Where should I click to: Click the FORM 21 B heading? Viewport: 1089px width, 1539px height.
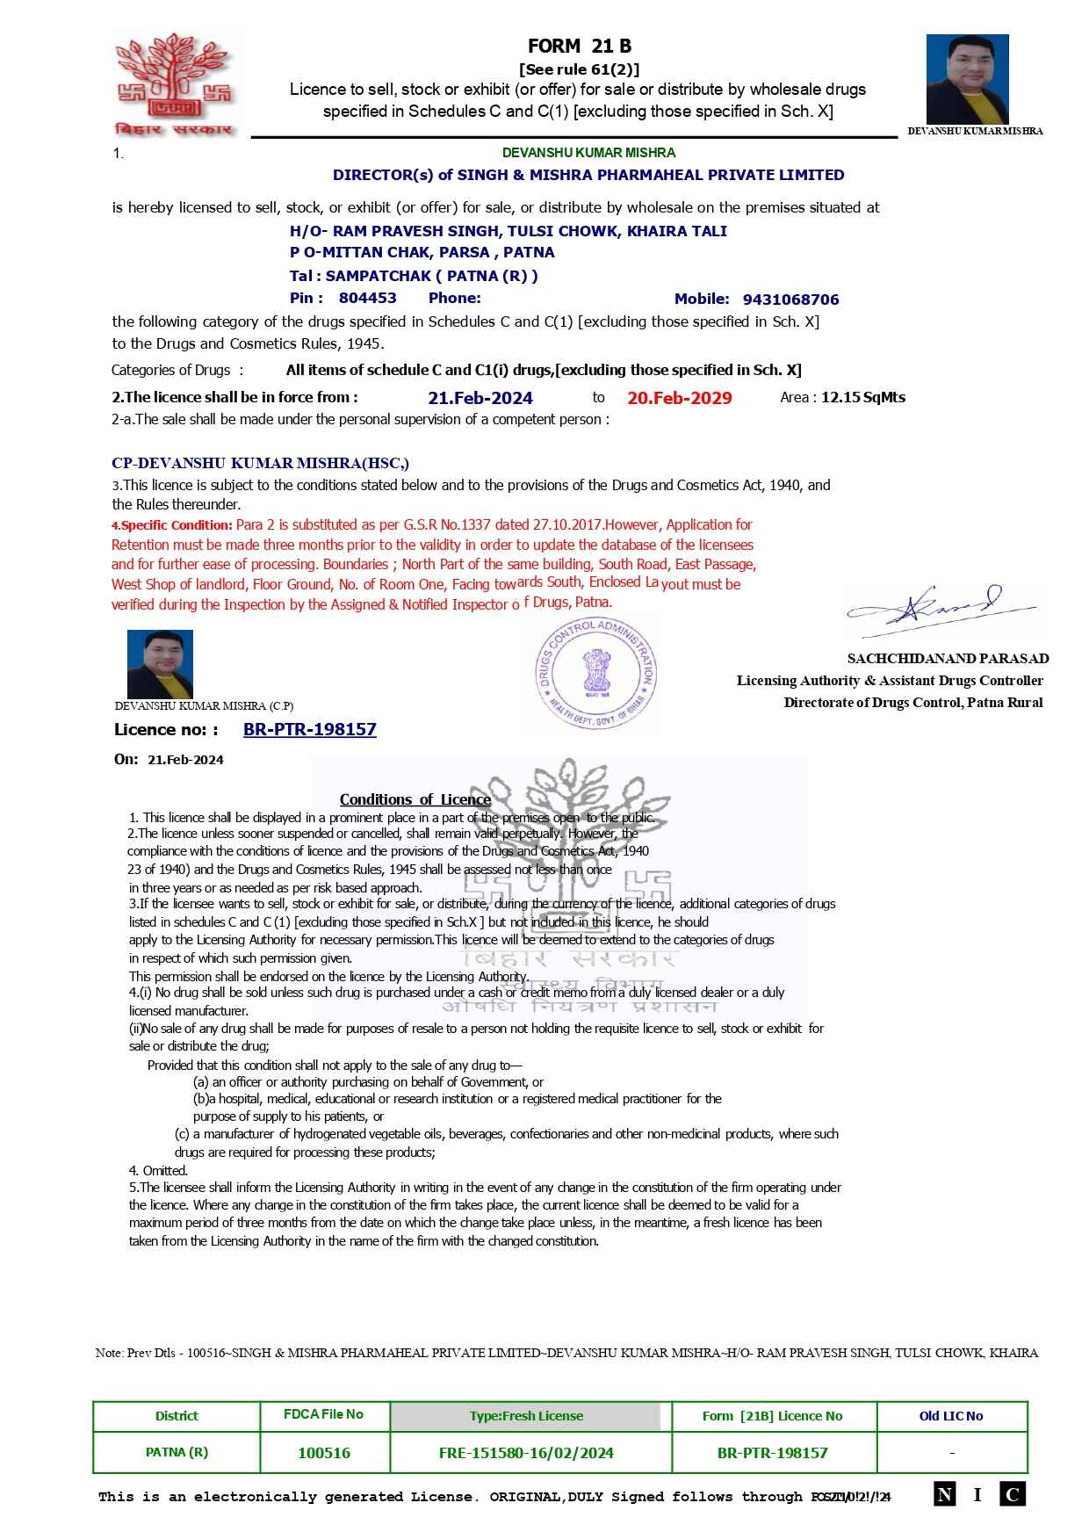(579, 47)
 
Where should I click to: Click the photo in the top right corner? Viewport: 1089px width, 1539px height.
(967, 79)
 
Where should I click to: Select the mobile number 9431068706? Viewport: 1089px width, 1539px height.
(790, 300)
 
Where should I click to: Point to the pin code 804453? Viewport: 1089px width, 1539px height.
(367, 299)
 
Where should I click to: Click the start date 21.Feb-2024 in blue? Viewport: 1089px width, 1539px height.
(480, 398)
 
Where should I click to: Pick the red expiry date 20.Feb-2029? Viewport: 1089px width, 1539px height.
(679, 398)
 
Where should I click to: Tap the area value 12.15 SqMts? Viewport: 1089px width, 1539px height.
(862, 397)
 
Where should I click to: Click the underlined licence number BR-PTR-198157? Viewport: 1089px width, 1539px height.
(309, 730)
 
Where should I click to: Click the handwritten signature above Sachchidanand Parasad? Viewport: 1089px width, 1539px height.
(941, 609)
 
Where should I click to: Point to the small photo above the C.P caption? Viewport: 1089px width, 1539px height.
(160, 664)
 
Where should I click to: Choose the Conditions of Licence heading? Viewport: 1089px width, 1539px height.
(415, 799)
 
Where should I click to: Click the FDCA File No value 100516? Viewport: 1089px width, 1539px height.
(324, 1453)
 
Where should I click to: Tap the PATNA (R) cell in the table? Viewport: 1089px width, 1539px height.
(177, 1453)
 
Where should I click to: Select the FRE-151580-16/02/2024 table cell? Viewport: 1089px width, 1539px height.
(526, 1453)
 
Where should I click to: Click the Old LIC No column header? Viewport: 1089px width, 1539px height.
(951, 1416)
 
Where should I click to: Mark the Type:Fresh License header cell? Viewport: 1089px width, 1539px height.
(526, 1416)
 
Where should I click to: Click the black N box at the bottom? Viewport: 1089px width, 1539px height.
(944, 1494)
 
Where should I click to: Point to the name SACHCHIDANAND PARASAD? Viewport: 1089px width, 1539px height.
(948, 659)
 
